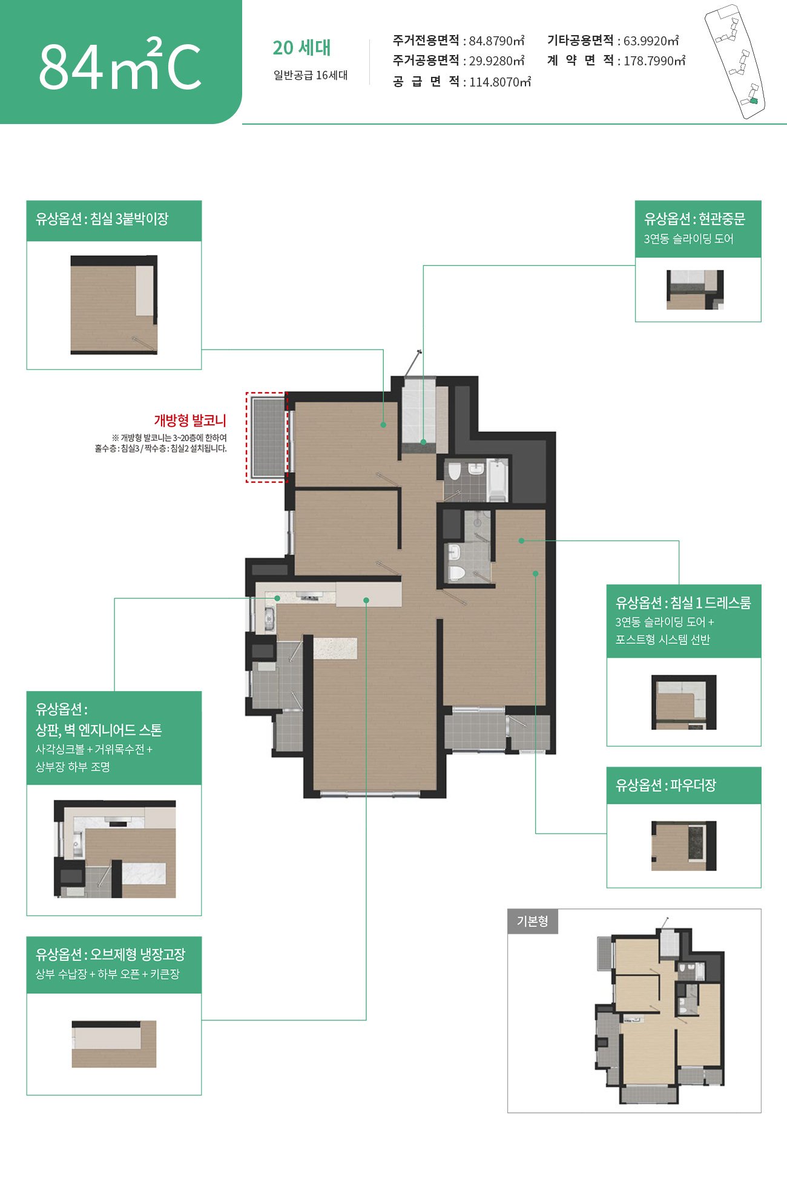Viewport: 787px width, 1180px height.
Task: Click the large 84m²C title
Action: (120, 64)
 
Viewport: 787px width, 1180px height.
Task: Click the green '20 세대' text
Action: (301, 48)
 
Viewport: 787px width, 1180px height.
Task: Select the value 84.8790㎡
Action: (496, 41)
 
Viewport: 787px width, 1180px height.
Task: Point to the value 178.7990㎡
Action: (654, 61)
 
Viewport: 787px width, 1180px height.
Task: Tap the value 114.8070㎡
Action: (500, 82)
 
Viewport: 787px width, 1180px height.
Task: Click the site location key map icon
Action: (735, 61)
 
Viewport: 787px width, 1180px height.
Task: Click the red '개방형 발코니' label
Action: (190, 421)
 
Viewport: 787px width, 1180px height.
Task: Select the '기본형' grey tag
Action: (532, 921)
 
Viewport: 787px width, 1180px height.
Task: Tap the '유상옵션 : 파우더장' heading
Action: (666, 785)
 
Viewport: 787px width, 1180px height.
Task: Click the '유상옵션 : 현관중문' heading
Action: (694, 219)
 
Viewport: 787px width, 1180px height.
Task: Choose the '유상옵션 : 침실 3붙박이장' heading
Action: (102, 219)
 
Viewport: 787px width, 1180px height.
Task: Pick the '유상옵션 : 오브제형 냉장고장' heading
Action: (110, 954)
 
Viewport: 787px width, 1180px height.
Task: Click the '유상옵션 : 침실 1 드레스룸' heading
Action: (683, 603)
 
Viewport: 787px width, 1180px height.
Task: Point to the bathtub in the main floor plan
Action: (497, 480)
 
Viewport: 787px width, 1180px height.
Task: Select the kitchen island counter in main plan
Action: (335, 648)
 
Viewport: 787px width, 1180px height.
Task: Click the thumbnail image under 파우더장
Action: (683, 846)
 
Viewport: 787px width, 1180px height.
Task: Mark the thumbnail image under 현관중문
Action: (695, 290)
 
